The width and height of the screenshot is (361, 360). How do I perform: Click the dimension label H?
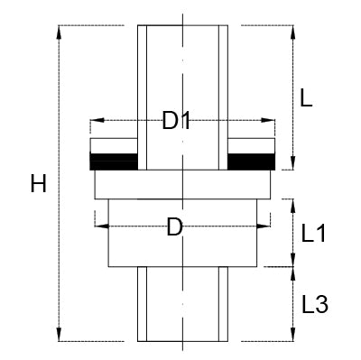(38, 185)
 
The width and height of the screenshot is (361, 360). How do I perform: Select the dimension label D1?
(177, 120)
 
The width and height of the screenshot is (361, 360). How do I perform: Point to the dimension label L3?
(313, 304)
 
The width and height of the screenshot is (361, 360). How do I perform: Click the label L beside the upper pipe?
(306, 99)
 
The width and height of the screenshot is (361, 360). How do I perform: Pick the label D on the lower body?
(176, 228)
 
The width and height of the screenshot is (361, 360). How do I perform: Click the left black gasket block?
(114, 162)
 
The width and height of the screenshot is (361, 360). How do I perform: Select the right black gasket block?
(250, 162)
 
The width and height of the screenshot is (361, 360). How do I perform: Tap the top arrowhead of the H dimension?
(60, 30)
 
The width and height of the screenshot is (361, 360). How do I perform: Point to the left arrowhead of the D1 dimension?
(95, 119)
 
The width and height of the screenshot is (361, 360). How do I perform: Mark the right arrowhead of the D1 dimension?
(270, 119)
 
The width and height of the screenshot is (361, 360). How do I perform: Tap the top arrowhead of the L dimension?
(292, 30)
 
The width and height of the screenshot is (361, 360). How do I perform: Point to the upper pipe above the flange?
(181, 72)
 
